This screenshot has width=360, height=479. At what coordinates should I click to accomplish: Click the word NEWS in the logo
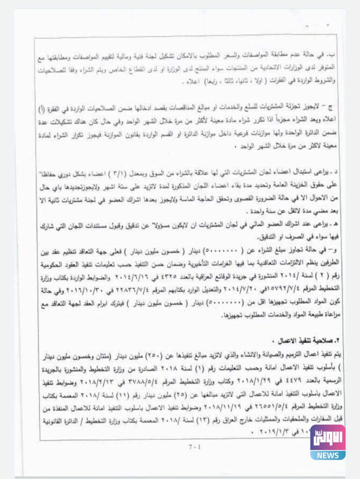pos(327,454)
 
